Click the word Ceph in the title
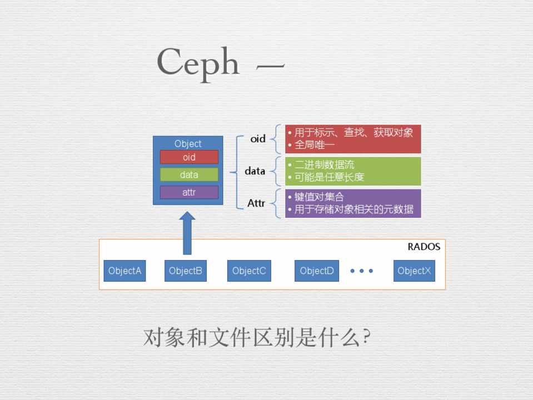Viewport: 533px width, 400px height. (198, 62)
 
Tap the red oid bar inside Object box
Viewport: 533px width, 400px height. (189, 157)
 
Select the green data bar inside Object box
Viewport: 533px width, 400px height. (189, 174)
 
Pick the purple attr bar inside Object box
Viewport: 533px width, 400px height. (189, 192)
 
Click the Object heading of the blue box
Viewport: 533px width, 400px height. (188, 144)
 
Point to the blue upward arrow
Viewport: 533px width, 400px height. (187, 233)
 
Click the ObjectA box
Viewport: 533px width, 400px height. (124, 271)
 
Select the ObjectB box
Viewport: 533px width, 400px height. (185, 271)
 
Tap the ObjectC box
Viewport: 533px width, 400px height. (248, 271)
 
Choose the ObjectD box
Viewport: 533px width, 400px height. (316, 271)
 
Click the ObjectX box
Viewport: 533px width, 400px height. (414, 271)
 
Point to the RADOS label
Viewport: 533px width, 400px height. (424, 247)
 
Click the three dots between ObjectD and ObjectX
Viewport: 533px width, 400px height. (362, 271)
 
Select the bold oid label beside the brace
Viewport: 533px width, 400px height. (258, 139)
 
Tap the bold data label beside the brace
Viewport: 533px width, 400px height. (255, 171)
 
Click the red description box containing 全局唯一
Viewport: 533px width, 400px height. (353, 139)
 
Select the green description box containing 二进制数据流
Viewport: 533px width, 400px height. (353, 171)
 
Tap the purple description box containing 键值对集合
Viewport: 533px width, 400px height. (353, 203)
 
